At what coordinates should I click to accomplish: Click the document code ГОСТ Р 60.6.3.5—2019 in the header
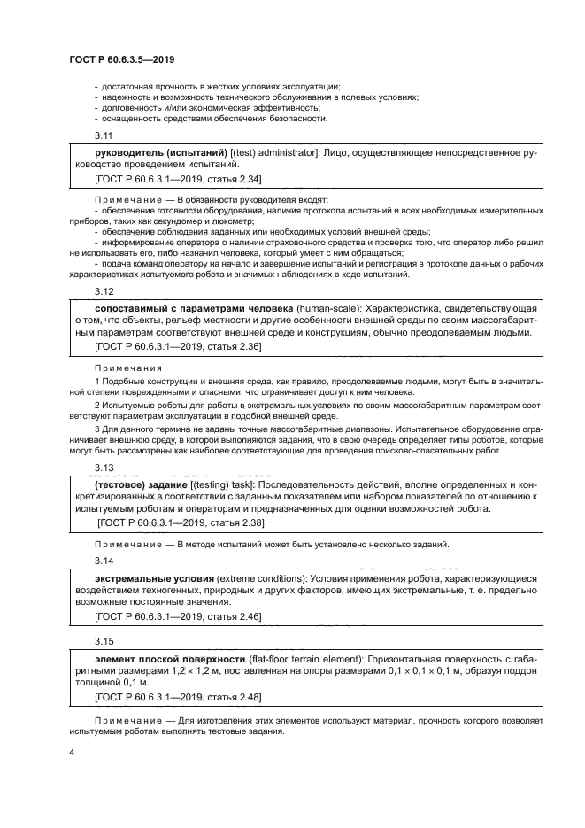coord(121,59)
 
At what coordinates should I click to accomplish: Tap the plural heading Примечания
coord(127,367)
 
